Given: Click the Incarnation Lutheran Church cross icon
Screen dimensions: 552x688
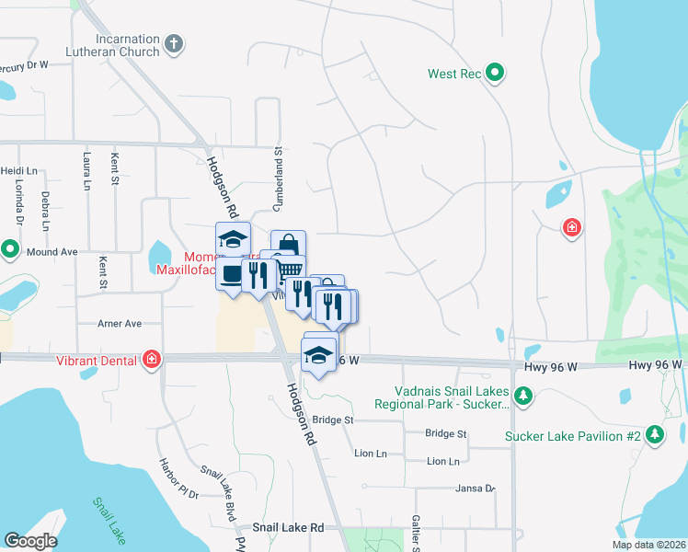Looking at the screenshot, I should pyautogui.click(x=174, y=43).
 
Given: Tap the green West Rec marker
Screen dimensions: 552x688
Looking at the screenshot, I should pyautogui.click(x=495, y=73).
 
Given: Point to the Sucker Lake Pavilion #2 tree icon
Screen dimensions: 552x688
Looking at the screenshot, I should pyautogui.click(x=654, y=433).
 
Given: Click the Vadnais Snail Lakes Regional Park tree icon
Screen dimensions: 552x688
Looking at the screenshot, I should pyautogui.click(x=523, y=396).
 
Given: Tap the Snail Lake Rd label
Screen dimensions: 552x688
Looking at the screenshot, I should pyautogui.click(x=289, y=528).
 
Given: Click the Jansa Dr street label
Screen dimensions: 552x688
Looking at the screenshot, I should pyautogui.click(x=476, y=489).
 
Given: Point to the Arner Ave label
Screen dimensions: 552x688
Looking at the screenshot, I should pyautogui.click(x=120, y=324).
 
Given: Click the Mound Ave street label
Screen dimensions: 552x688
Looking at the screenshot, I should pyautogui.click(x=52, y=251).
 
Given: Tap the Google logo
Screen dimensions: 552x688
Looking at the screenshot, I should pyautogui.click(x=30, y=541).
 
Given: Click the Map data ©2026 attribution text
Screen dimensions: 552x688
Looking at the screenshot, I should pyautogui.click(x=648, y=545).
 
